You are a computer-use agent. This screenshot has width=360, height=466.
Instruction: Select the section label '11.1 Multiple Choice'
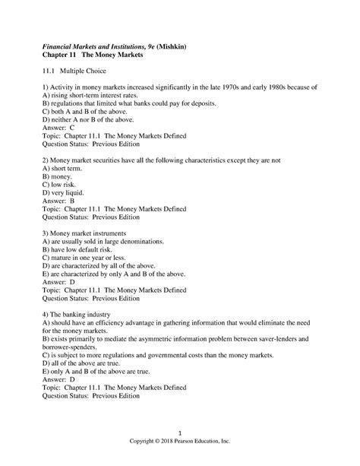coord(82,74)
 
